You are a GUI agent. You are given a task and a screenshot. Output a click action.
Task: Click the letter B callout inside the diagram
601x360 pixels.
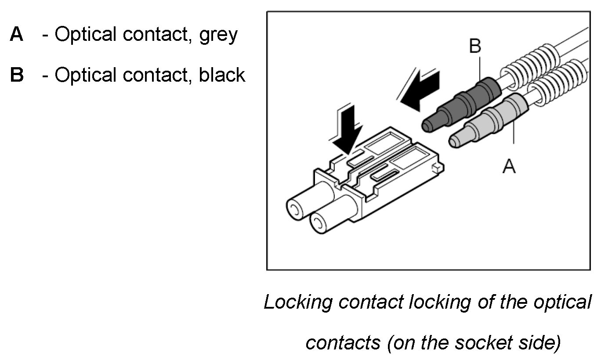pos(475,46)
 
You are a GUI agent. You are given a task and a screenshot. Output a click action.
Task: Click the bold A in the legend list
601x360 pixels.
pos(17,35)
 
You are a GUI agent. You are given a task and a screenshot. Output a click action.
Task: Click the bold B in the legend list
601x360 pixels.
pos(17,75)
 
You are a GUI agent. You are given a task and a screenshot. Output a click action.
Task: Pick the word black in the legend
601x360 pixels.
pos(222,75)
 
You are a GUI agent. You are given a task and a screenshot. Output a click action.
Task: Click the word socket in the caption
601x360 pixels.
pos(485,343)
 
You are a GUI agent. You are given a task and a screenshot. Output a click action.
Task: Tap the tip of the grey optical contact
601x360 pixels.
pos(453,141)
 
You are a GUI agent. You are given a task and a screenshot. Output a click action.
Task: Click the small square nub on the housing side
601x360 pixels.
pos(436,168)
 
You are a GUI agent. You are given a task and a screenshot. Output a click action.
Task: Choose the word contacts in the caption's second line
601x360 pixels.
pos(343,343)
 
